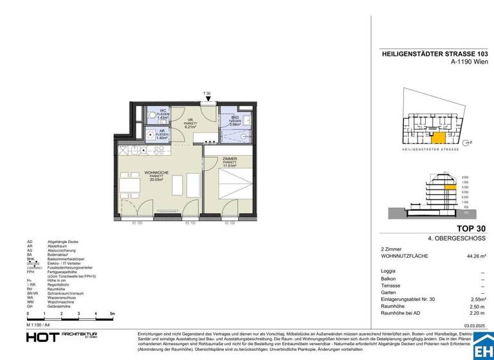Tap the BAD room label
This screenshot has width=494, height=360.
click(234, 117)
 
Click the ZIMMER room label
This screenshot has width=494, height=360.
click(230, 158)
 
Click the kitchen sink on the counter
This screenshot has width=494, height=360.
click(158, 150)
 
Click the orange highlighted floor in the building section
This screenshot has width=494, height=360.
click(441, 187)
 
